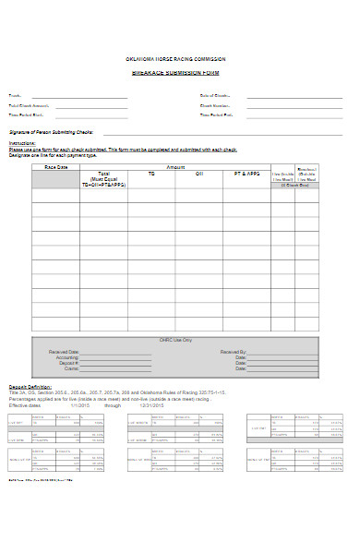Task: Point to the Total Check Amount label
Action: pos(28,106)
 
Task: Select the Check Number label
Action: pos(214,106)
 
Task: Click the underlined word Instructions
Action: pos(21,144)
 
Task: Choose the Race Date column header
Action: pos(55,167)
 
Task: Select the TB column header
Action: pos(150,175)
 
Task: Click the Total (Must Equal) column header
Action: pos(103,179)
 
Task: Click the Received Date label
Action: pos(65,352)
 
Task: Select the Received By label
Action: pos(234,352)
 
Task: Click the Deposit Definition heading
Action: pos(30,386)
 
